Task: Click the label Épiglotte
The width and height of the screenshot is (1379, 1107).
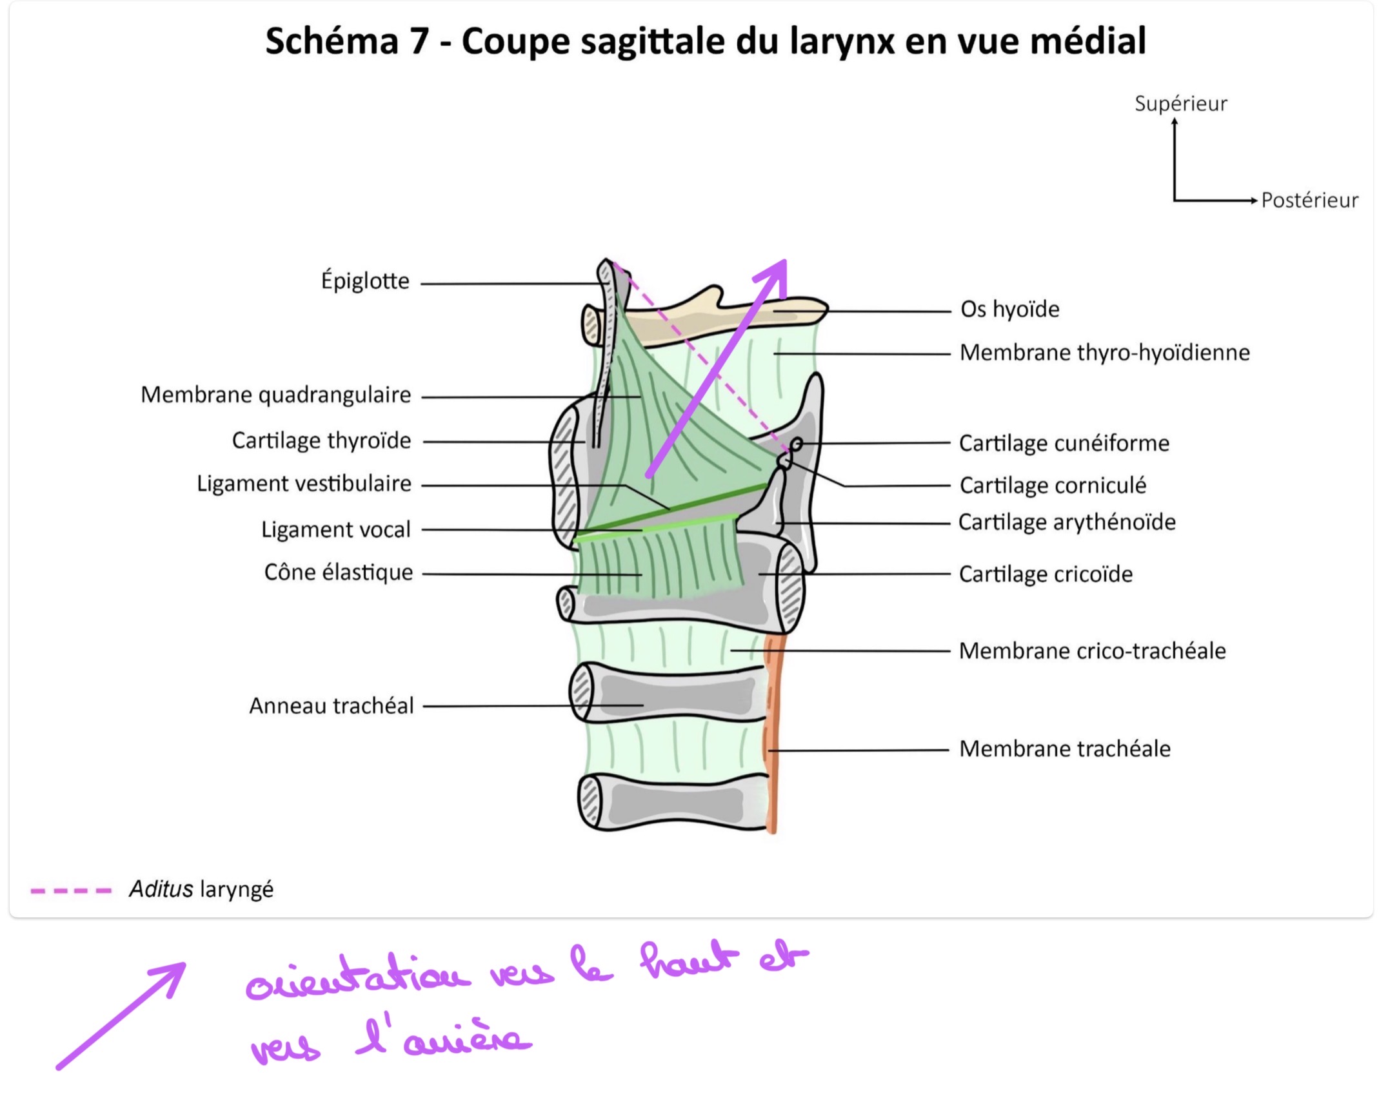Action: pos(365,281)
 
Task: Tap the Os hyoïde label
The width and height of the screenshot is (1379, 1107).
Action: pos(1010,309)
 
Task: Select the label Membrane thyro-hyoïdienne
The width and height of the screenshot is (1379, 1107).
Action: pos(1105,353)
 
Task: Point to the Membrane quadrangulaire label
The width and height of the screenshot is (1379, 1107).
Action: pos(275,395)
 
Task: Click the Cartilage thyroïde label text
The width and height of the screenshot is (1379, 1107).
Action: pos(321,440)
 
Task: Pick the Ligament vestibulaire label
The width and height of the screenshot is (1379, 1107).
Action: pos(304,484)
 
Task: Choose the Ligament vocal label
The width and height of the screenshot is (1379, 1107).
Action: pos(335,529)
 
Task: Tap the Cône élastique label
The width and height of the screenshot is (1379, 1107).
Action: pos(338,572)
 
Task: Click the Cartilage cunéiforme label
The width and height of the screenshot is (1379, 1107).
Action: pos(1064,443)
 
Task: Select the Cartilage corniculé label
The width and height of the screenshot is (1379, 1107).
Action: pos(1053,485)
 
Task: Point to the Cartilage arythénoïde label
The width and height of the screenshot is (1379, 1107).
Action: pos(1067,522)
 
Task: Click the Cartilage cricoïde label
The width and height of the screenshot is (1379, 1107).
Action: pos(1046,574)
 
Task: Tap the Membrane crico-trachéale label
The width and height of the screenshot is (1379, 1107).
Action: pos(1093,651)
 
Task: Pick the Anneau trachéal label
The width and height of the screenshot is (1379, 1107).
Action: pos(332,706)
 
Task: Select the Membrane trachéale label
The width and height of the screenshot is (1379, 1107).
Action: pos(1065,749)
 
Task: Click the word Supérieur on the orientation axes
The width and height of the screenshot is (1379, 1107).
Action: pos(1181,104)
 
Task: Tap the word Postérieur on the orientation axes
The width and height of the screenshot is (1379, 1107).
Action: pos(1309,200)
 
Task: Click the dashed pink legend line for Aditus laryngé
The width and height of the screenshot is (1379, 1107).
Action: pos(71,891)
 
